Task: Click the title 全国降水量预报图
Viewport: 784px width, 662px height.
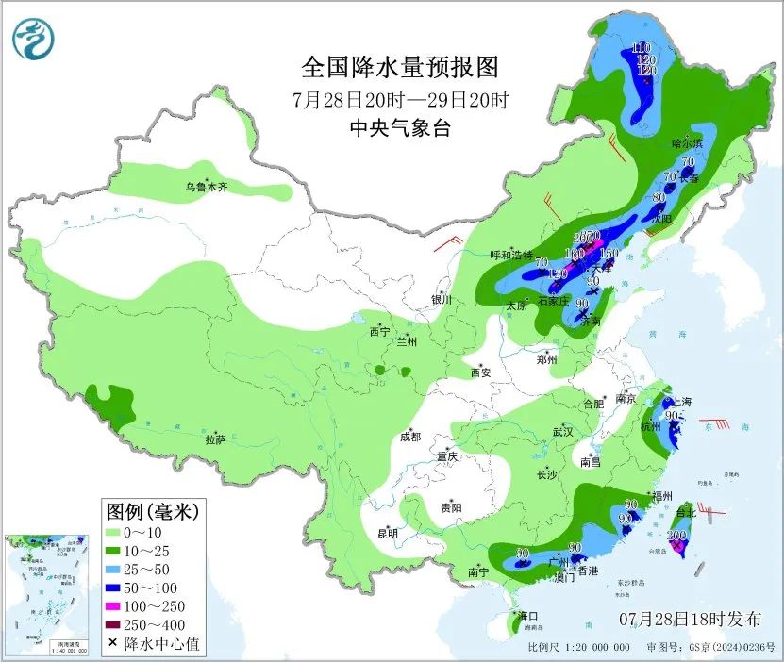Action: click(x=399, y=68)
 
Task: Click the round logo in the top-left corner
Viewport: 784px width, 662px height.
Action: click(x=34, y=39)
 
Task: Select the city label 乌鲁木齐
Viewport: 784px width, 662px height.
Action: click(x=206, y=188)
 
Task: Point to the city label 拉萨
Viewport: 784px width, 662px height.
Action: click(x=215, y=439)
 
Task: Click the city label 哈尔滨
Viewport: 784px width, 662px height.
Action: click(x=687, y=143)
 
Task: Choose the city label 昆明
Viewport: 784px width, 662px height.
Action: click(x=388, y=533)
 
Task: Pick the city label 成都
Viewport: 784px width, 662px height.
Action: click(x=409, y=437)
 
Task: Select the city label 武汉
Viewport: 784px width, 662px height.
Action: click(x=563, y=431)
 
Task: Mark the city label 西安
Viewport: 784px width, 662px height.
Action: click(x=480, y=372)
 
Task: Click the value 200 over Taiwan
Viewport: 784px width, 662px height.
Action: click(x=676, y=535)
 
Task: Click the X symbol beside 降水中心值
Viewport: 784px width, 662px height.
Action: click(x=113, y=643)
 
